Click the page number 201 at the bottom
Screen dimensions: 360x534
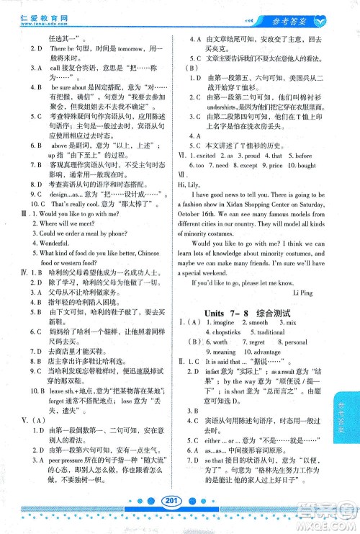click(171, 520)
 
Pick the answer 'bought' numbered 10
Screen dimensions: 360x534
click(305, 165)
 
